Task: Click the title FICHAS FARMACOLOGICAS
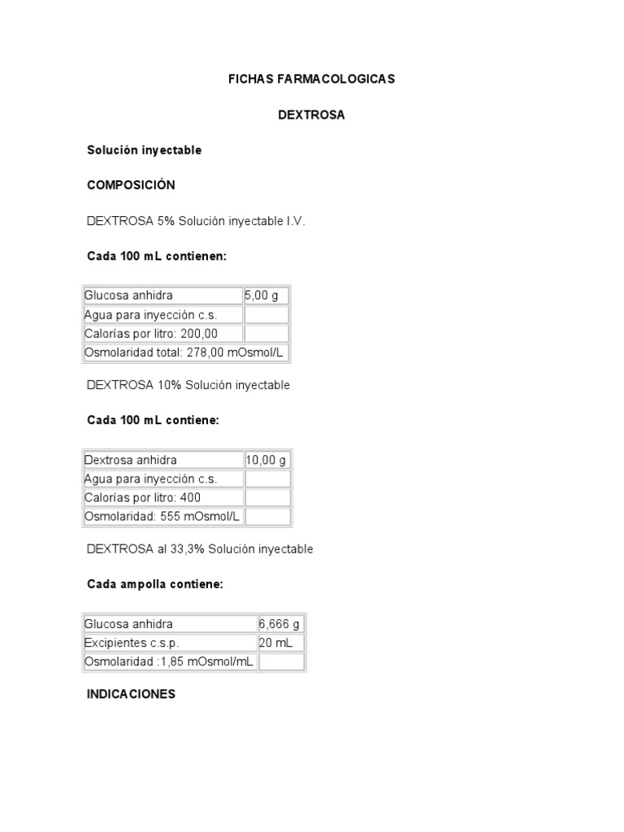[311, 79]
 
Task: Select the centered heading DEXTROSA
[311, 115]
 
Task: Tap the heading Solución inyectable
[144, 150]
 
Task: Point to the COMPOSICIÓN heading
[131, 185]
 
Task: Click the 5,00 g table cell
[266, 296]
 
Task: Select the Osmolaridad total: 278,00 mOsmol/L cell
[186, 352]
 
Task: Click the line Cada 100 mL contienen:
[156, 256]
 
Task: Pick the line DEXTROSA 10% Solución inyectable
[188, 385]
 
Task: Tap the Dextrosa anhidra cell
[162, 460]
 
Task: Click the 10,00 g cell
[267, 460]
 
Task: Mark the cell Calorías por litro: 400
[162, 497]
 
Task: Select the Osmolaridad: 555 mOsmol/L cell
[162, 516]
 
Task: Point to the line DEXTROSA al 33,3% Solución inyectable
[200, 549]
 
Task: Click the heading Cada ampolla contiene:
[154, 584]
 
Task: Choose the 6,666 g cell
[281, 624]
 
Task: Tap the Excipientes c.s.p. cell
[169, 643]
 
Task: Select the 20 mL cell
[281, 643]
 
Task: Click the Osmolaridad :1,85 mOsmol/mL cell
[169, 661]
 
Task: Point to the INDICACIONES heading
[131, 695]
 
